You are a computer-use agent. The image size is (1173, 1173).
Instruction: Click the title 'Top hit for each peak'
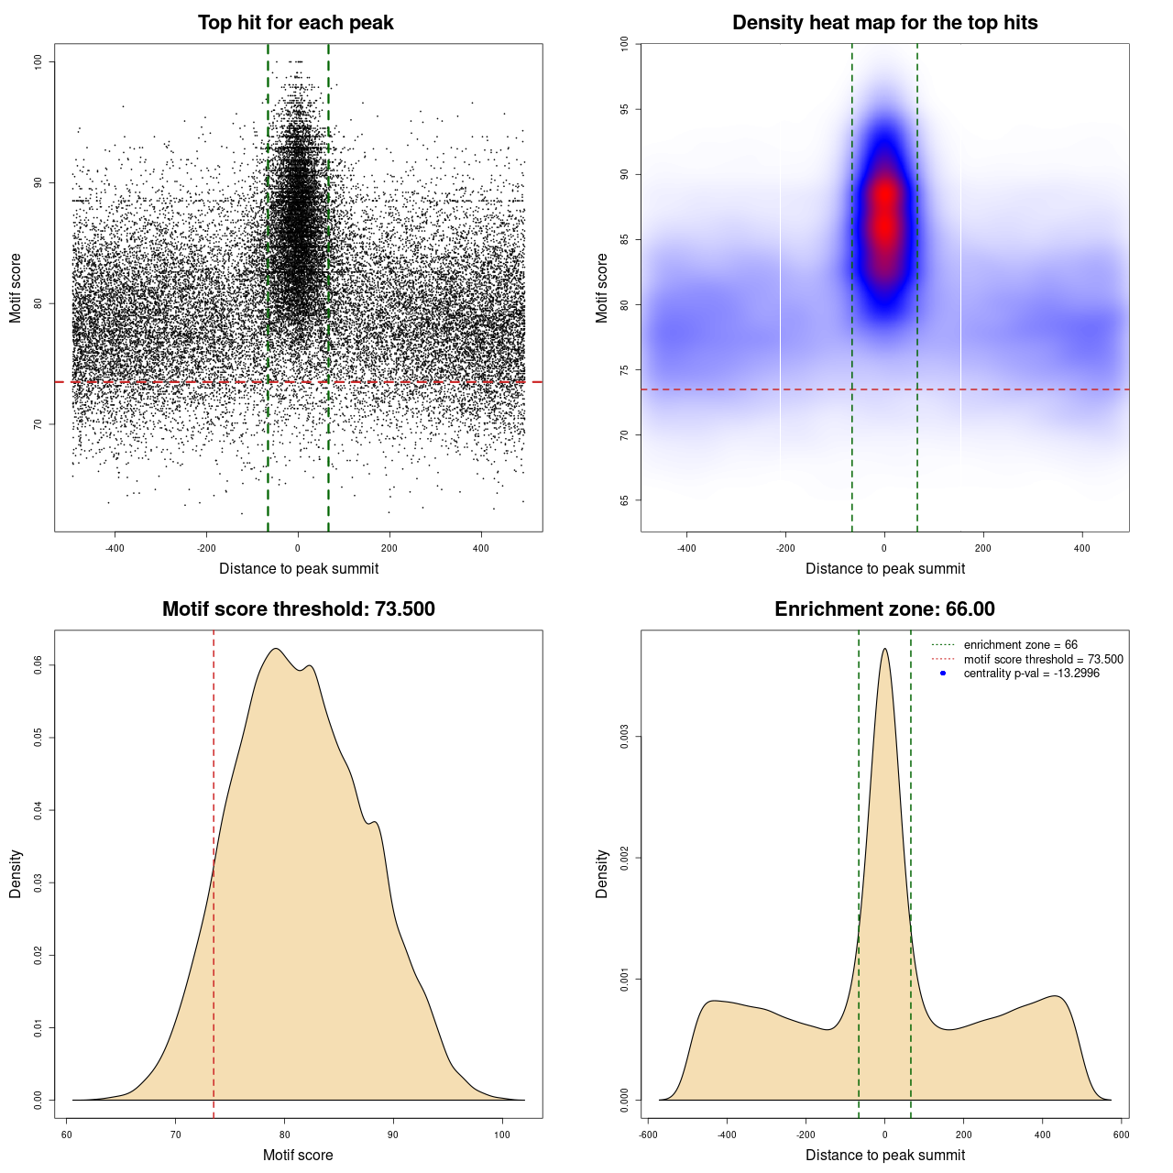pos(295,23)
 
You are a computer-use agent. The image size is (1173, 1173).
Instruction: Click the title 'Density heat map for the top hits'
pos(884,23)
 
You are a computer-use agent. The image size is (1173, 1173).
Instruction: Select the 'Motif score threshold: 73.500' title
pos(298,609)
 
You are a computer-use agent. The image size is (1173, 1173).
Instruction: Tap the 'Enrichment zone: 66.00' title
pos(884,609)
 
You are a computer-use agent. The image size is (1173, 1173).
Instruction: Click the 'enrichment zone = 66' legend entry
pos(1020,645)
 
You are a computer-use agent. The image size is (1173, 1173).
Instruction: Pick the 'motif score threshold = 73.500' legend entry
pos(1043,659)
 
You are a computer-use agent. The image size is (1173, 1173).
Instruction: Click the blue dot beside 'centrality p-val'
pos(943,674)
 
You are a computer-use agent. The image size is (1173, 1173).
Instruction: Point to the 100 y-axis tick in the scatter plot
pos(38,61)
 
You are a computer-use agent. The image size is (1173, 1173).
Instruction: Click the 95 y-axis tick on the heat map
pos(625,109)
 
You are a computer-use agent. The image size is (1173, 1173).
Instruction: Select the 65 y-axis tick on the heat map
pos(625,500)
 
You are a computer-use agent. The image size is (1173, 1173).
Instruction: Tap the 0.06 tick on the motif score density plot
pos(38,664)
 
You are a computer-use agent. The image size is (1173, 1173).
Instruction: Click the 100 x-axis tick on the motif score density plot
pos(502,1135)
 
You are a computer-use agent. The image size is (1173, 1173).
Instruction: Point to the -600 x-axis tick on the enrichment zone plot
pos(648,1135)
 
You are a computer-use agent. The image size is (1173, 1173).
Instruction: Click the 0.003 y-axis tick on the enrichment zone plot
pos(625,737)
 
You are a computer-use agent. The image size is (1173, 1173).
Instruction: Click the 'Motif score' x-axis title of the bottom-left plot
pos(298,1155)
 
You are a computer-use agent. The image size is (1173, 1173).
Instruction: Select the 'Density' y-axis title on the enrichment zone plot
pos(602,873)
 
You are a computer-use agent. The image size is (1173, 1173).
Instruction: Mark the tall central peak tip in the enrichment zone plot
pos(884,650)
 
